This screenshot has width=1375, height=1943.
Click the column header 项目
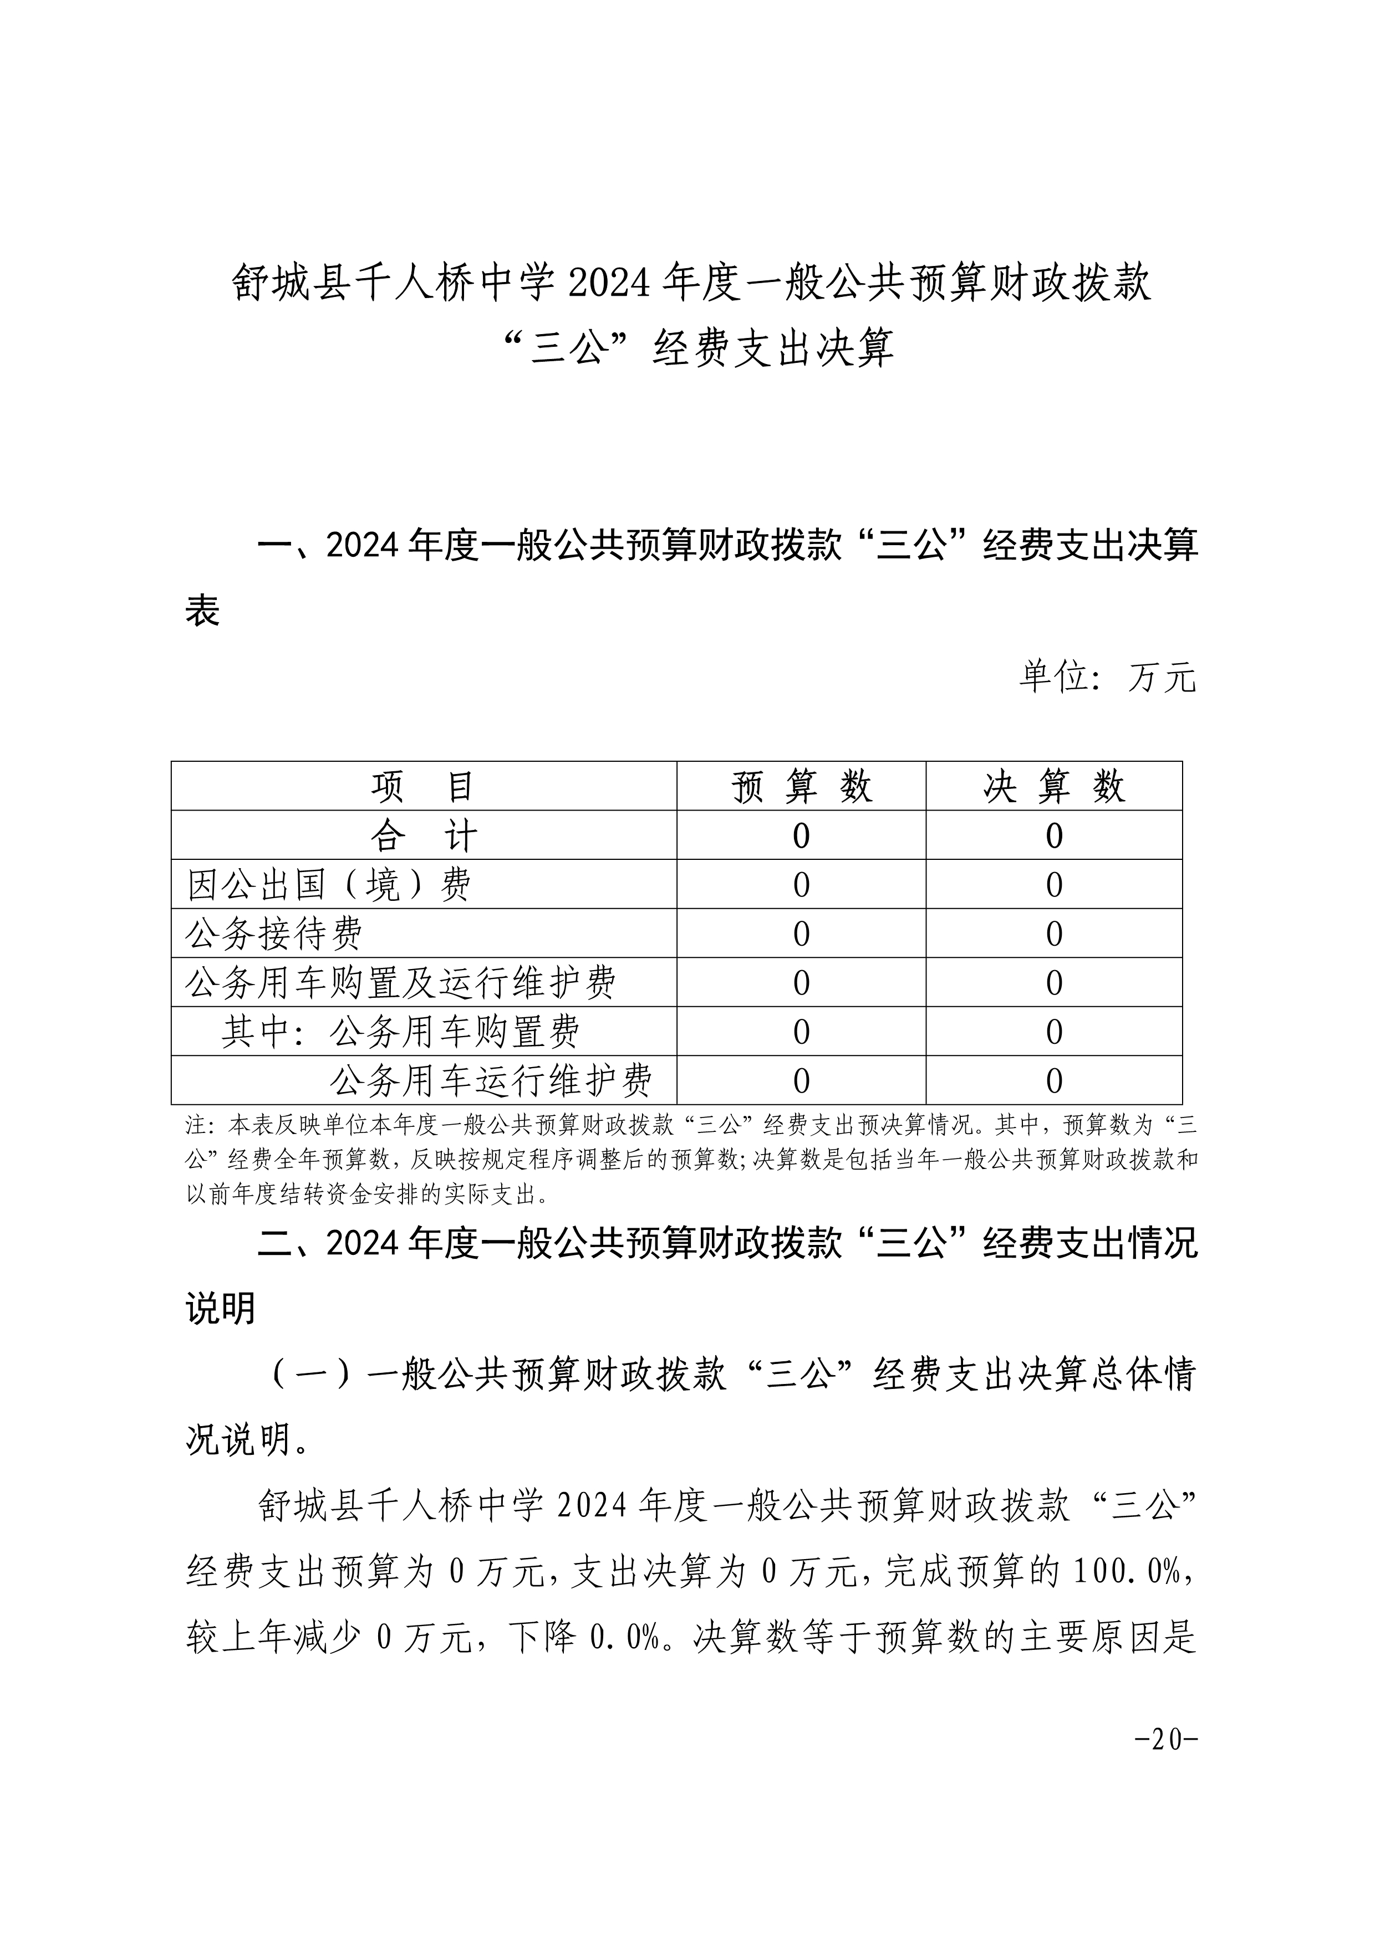tap(424, 787)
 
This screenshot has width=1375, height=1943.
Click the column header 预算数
tap(801, 787)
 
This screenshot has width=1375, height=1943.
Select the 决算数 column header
tap(1053, 787)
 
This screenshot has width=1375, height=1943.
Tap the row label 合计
tap(424, 836)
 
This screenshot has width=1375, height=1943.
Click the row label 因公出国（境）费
tap(329, 885)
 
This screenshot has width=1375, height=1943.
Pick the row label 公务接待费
tap(273, 934)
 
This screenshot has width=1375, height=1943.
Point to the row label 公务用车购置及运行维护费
tap(400, 983)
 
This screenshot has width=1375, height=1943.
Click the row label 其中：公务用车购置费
tap(400, 1032)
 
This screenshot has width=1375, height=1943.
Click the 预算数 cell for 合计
tap(801, 836)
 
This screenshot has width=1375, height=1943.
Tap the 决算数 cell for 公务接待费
tap(1053, 934)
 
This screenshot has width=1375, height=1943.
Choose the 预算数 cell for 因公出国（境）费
tap(801, 885)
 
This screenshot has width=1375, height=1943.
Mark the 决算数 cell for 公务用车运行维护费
tap(1053, 1081)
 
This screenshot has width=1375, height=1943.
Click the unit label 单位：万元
tap(1107, 678)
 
